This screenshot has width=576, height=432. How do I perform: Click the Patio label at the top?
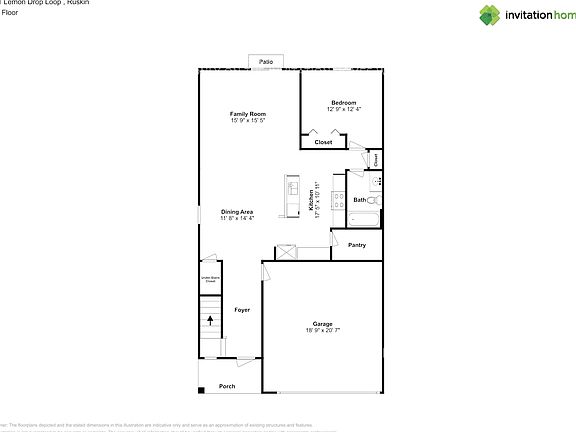[266, 62]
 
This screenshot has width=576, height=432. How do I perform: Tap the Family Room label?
[248, 115]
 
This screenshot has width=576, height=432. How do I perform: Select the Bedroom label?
[344, 102]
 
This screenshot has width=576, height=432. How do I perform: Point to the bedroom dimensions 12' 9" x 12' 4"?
[344, 108]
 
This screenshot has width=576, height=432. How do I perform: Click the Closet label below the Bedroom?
[323, 142]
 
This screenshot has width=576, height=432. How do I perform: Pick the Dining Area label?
[237, 211]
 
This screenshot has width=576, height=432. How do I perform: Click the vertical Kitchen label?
[311, 201]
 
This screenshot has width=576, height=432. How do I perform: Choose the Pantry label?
[356, 245]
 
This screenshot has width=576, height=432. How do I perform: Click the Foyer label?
[242, 310]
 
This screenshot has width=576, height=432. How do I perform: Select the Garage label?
[322, 323]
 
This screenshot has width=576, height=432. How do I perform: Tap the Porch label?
[227, 386]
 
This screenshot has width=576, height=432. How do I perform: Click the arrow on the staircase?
[210, 322]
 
